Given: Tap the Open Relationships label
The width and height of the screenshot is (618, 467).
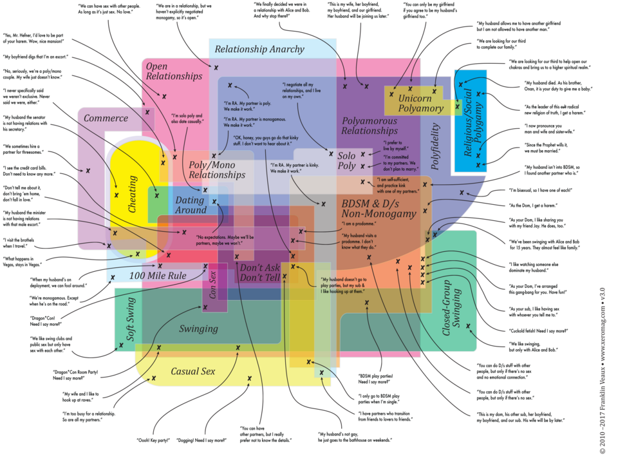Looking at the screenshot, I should [x=174, y=71].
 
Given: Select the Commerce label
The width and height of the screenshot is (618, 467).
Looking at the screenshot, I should [x=106, y=119].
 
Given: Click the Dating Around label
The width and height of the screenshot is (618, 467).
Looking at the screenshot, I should [x=191, y=205].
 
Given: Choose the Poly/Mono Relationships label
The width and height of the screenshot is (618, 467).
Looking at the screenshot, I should [x=217, y=169].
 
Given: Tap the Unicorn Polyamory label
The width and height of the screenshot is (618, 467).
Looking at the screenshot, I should [x=420, y=104].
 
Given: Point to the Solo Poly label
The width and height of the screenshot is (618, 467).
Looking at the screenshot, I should [x=346, y=161].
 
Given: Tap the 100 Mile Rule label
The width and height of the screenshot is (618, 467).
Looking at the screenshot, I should [x=158, y=276].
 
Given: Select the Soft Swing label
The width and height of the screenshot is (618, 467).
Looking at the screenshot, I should [x=130, y=319].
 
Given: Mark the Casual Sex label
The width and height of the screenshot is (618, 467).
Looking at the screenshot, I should [x=193, y=372].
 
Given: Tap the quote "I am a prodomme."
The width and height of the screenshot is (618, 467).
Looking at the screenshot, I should [x=359, y=224].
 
